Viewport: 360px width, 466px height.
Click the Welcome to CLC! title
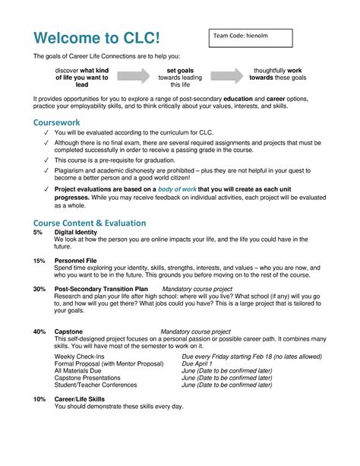point(96,38)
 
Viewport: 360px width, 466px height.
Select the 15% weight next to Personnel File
point(39,260)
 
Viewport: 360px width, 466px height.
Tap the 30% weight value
point(39,290)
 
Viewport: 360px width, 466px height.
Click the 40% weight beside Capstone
point(39,331)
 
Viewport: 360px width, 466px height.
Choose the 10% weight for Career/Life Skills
point(39,398)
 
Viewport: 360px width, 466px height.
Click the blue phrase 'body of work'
point(178,188)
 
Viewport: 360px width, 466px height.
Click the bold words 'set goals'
point(180,70)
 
